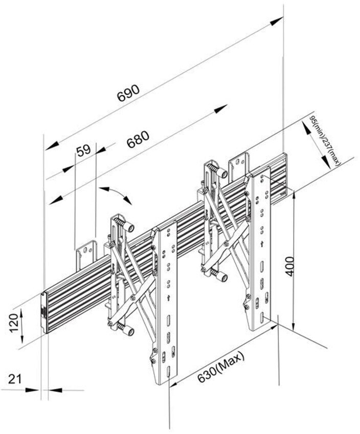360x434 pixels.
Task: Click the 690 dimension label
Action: click(x=128, y=93)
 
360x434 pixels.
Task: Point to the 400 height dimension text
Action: click(x=289, y=264)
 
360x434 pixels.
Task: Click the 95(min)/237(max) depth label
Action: click(x=324, y=140)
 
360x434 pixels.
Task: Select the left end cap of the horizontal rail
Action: click(x=44, y=312)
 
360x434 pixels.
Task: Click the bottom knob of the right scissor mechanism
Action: click(x=220, y=277)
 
